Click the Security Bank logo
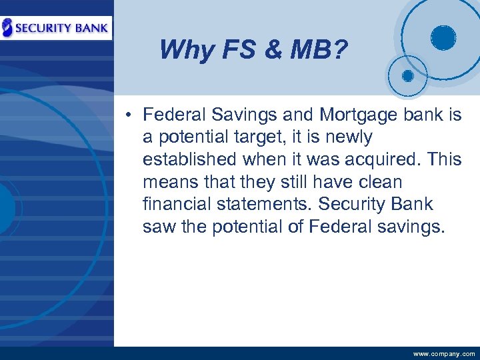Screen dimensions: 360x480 (56, 27)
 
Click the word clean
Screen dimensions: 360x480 (378, 182)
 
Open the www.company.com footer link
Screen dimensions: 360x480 (444, 354)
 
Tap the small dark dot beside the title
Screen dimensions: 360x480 (407, 75)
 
